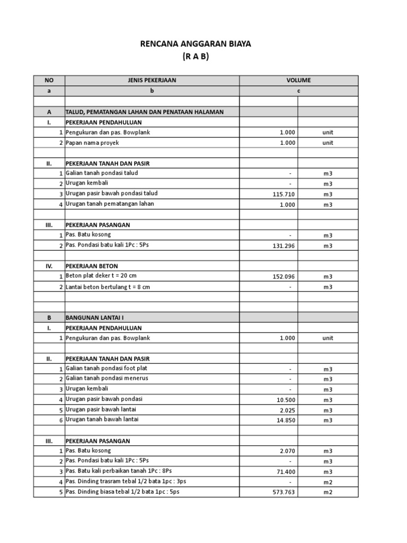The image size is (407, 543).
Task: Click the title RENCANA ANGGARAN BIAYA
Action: (x=203, y=44)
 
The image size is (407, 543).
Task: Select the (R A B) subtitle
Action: (x=203, y=56)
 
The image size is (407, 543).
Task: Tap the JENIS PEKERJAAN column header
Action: (x=152, y=80)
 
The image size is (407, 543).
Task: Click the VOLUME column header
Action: (x=298, y=80)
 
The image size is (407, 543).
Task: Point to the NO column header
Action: (x=49, y=80)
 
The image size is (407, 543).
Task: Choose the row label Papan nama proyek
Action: (x=93, y=143)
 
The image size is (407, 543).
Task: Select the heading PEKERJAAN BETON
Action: (x=92, y=266)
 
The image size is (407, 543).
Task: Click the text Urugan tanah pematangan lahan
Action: (x=110, y=204)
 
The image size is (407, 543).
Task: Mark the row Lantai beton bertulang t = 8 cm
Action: (x=108, y=287)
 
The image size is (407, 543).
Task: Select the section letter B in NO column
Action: (x=49, y=318)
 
